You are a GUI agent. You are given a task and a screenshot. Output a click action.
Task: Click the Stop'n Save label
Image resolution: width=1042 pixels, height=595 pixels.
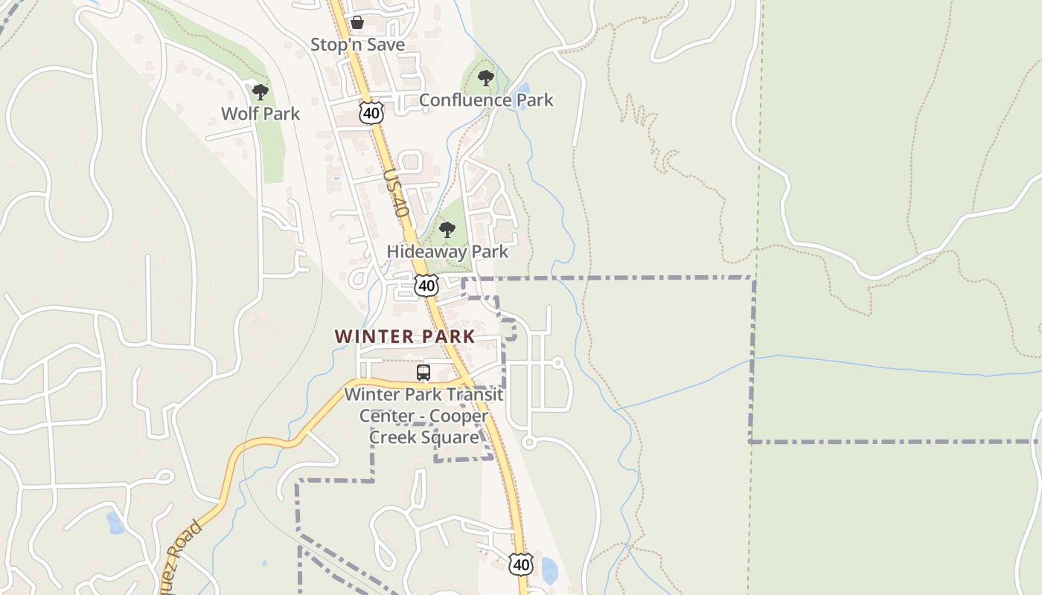[x=357, y=45]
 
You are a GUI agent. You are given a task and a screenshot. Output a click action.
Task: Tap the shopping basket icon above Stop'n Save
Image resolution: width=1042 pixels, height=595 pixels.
[x=357, y=22]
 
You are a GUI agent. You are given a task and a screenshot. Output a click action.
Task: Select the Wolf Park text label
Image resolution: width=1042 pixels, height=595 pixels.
[x=260, y=114]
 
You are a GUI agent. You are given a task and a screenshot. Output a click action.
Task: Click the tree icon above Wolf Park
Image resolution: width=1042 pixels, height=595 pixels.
[x=260, y=92]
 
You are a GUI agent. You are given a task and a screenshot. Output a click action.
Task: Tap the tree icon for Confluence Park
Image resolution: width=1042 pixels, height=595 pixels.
[x=486, y=77]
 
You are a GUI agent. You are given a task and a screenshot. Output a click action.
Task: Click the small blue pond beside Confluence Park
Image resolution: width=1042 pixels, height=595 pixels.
[x=520, y=96]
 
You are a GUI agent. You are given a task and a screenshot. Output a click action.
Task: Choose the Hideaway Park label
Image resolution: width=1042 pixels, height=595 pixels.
[x=447, y=251]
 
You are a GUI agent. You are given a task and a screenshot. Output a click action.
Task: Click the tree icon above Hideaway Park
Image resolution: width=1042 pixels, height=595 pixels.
[x=447, y=229]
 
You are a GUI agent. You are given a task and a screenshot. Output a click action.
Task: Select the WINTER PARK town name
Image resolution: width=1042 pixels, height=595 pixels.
[x=404, y=336]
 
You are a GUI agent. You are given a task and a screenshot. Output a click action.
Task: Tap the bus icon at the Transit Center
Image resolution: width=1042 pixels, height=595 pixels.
[x=423, y=373]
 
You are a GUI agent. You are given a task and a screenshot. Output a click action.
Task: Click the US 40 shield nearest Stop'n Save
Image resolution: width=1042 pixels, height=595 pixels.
[x=371, y=112]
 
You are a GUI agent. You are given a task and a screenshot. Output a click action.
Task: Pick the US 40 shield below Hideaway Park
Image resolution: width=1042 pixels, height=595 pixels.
[x=426, y=285]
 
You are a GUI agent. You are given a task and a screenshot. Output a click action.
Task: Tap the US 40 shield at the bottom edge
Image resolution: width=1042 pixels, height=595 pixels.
[x=521, y=565]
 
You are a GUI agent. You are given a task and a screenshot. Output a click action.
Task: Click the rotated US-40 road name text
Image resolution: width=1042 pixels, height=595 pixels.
[x=397, y=193]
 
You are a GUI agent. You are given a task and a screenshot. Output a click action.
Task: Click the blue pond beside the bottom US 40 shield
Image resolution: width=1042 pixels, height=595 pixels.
[x=549, y=570]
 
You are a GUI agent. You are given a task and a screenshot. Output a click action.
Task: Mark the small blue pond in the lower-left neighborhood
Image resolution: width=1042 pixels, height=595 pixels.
[x=115, y=523]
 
